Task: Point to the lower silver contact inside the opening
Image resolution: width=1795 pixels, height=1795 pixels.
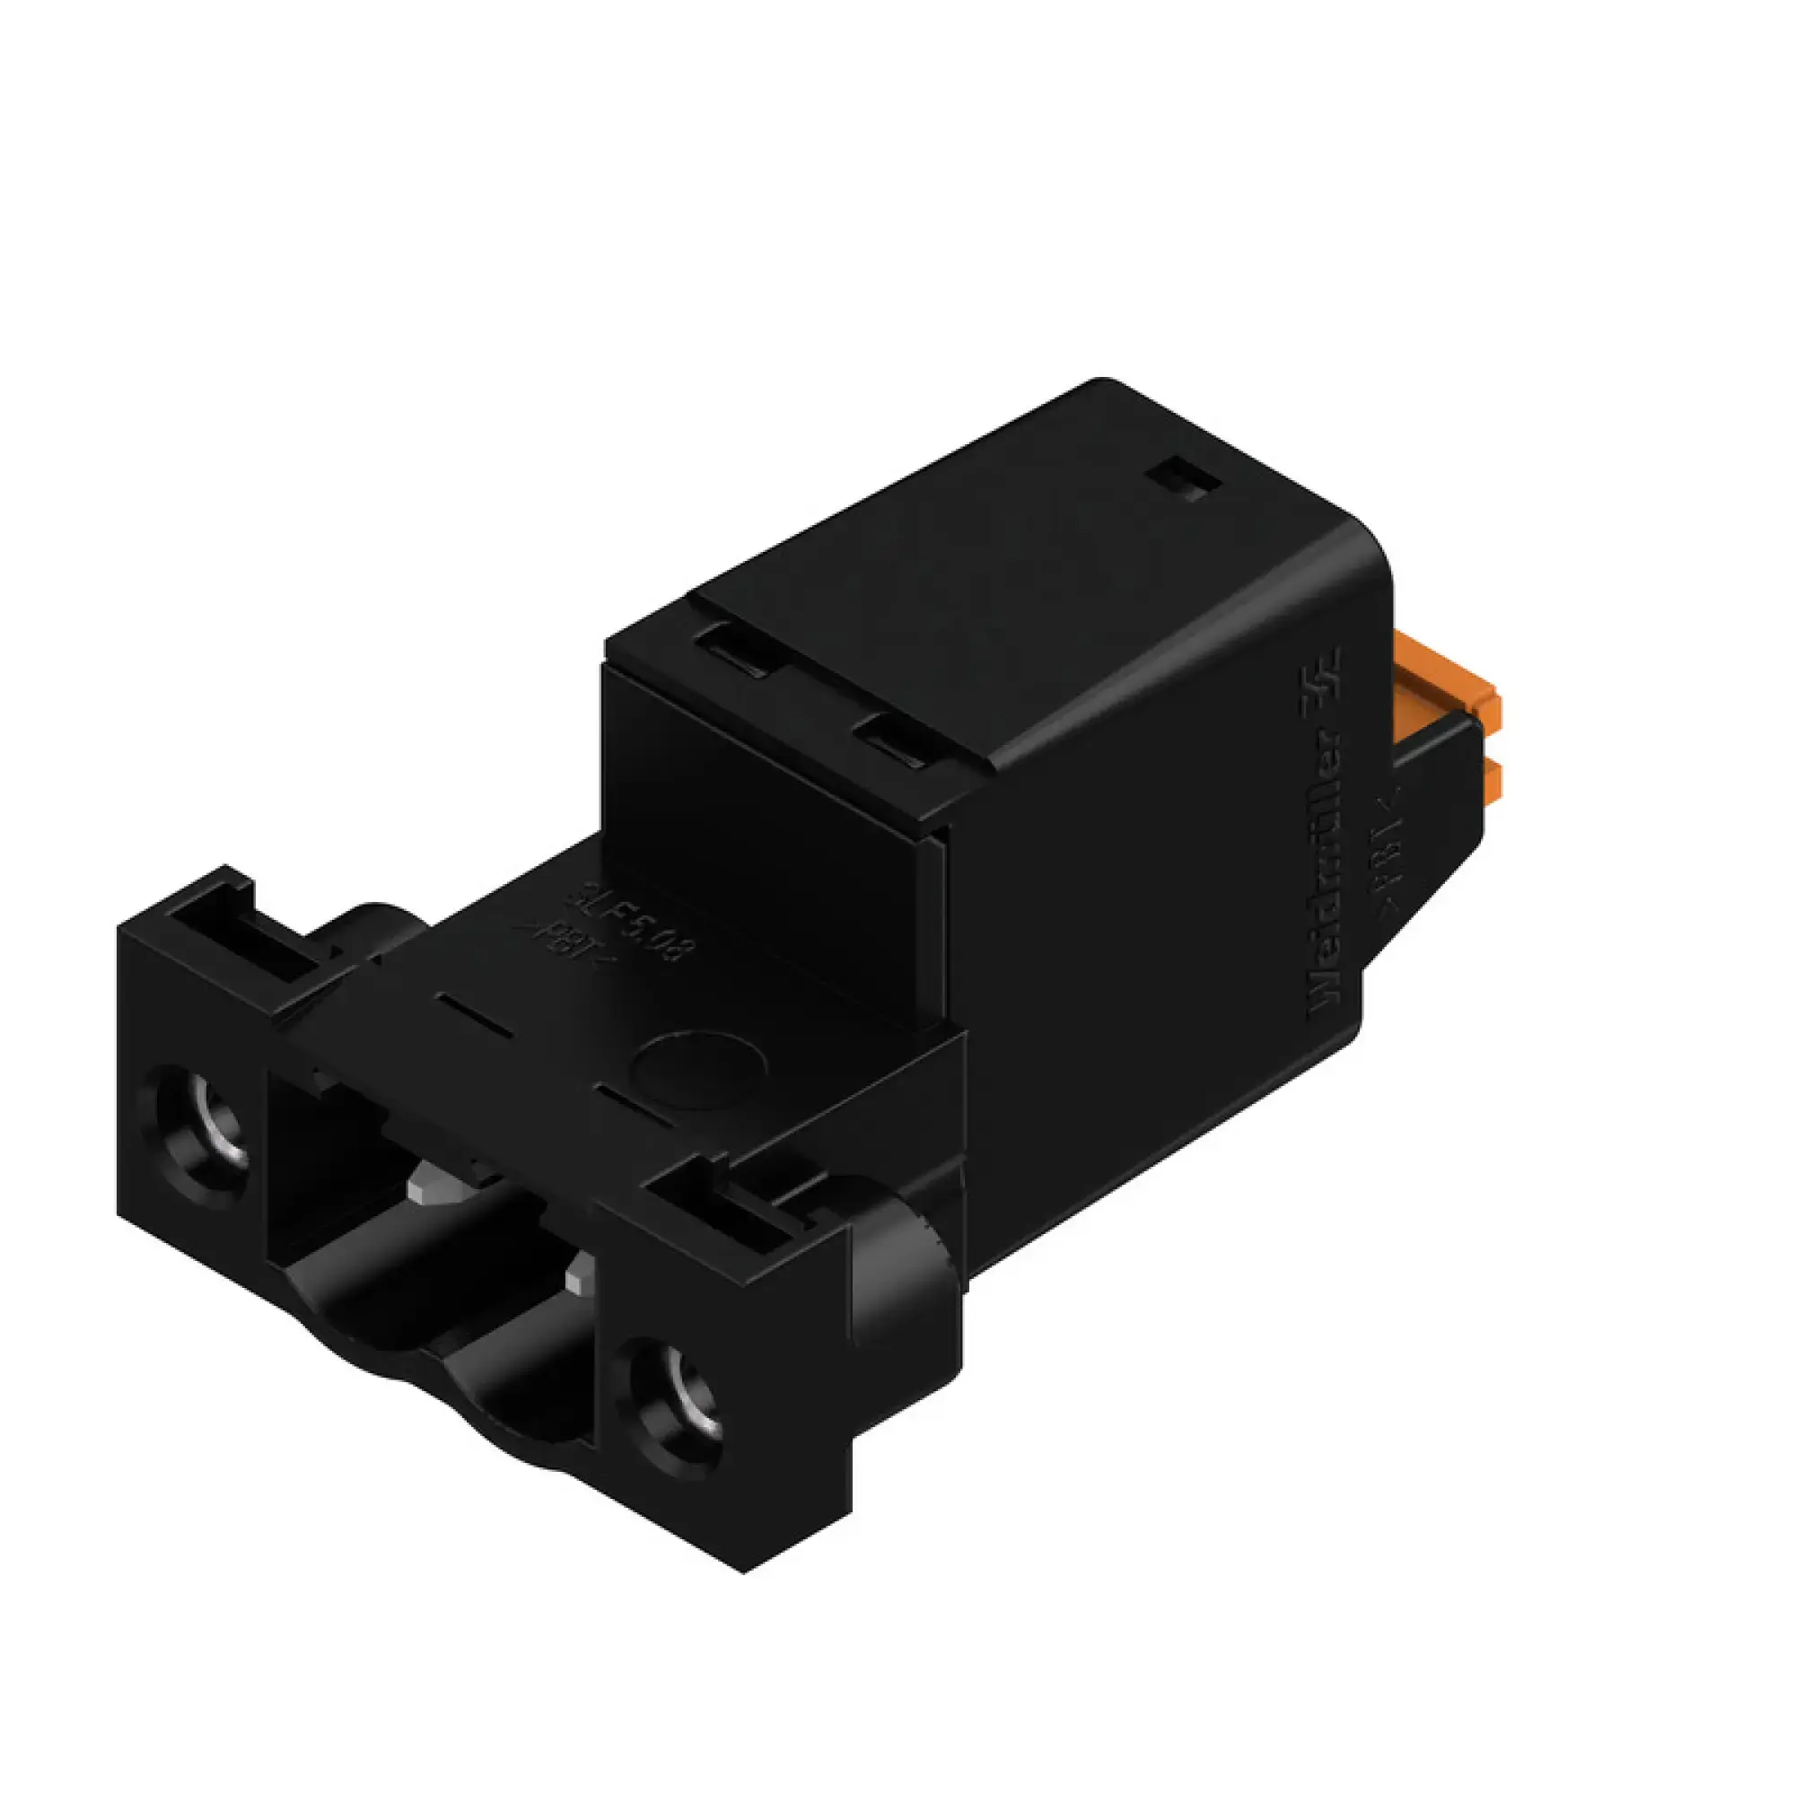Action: coord(583,1272)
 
